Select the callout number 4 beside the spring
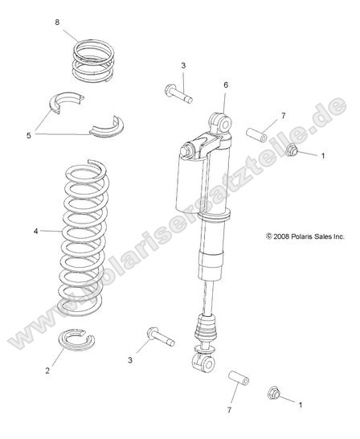click(35, 231)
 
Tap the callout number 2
click(47, 371)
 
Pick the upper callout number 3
click(183, 64)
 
